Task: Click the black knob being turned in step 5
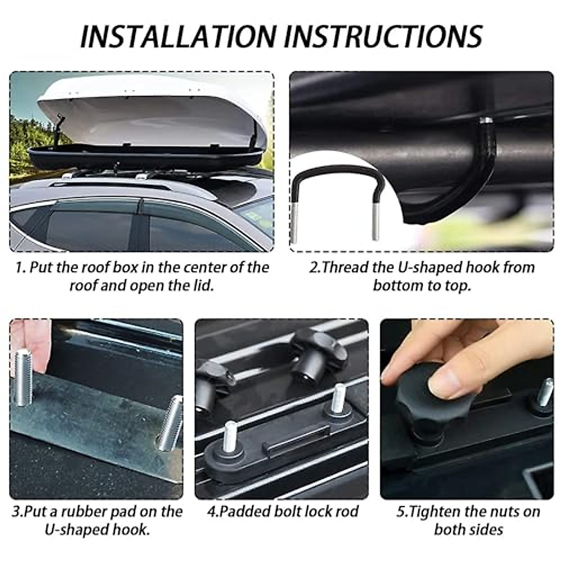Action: point(421,403)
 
